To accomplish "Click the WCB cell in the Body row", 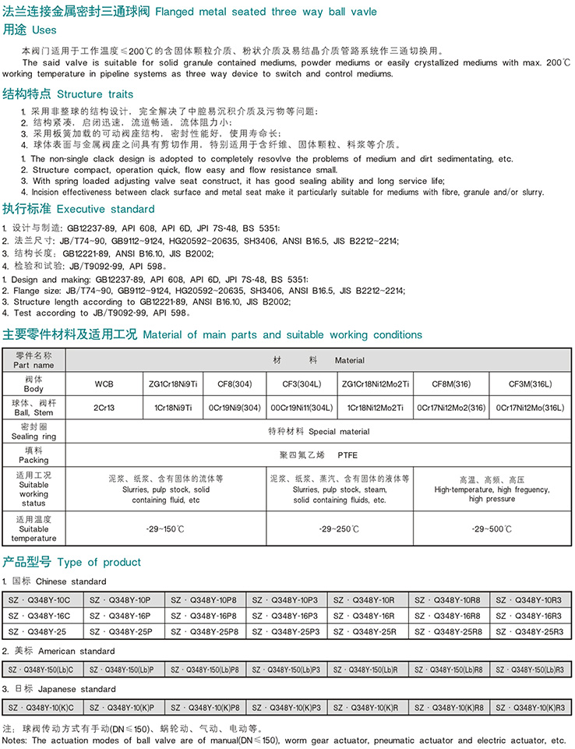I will coord(104,385).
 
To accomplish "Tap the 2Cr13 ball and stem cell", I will coord(104,407).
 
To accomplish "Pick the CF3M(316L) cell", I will coord(530,385).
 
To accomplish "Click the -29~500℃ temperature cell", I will coord(492,529).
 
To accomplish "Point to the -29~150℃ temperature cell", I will coord(166,529).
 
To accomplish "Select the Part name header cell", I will coord(34,360).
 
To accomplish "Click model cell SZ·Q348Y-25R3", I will coord(529,631).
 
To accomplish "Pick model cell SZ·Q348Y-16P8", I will coord(206,615).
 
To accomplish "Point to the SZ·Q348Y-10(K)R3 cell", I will coord(529,707).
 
